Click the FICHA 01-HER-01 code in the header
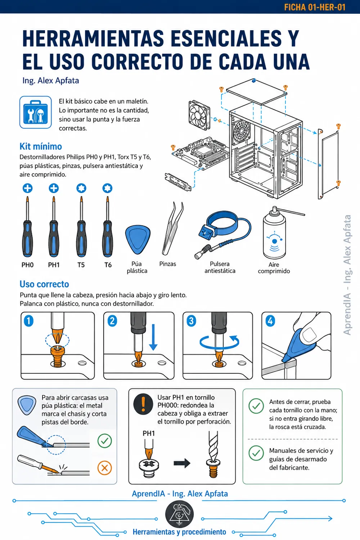[315, 7]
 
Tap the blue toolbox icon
[35, 112]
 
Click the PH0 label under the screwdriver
[27, 265]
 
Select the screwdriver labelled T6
[108, 226]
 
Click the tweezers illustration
[172, 229]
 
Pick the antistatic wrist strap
[222, 234]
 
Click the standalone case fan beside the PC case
[199, 115]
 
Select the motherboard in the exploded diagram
[200, 152]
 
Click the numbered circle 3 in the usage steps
[191, 321]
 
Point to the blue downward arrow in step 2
[153, 337]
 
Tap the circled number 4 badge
[270, 321]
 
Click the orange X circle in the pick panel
[105, 468]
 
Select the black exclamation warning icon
[143, 404]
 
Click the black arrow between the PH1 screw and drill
[182, 463]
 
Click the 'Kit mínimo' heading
[41, 146]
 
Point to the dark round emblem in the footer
[179, 514]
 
